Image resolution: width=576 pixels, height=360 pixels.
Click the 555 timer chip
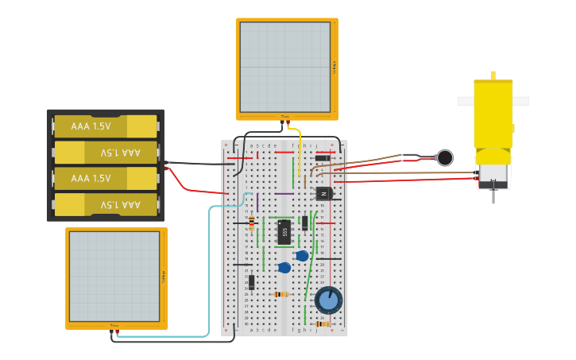284,232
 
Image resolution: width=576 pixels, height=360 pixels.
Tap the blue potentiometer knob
328,300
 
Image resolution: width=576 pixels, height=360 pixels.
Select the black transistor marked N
323,193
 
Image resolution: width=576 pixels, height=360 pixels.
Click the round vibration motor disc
445,157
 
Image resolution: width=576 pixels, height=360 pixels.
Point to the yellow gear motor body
493,115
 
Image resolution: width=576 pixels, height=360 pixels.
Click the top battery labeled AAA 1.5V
106,126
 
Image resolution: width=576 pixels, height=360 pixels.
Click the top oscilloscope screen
285,67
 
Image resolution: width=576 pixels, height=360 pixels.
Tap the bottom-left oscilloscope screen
114,276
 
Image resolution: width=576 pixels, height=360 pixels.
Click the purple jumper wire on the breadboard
284,193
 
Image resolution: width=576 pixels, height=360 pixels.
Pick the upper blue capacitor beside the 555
301,256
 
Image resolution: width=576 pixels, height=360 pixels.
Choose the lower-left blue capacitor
284,268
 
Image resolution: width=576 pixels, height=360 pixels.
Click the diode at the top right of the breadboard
323,157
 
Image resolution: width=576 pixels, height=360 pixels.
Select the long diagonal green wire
311,262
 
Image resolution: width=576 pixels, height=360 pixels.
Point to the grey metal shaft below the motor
493,193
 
